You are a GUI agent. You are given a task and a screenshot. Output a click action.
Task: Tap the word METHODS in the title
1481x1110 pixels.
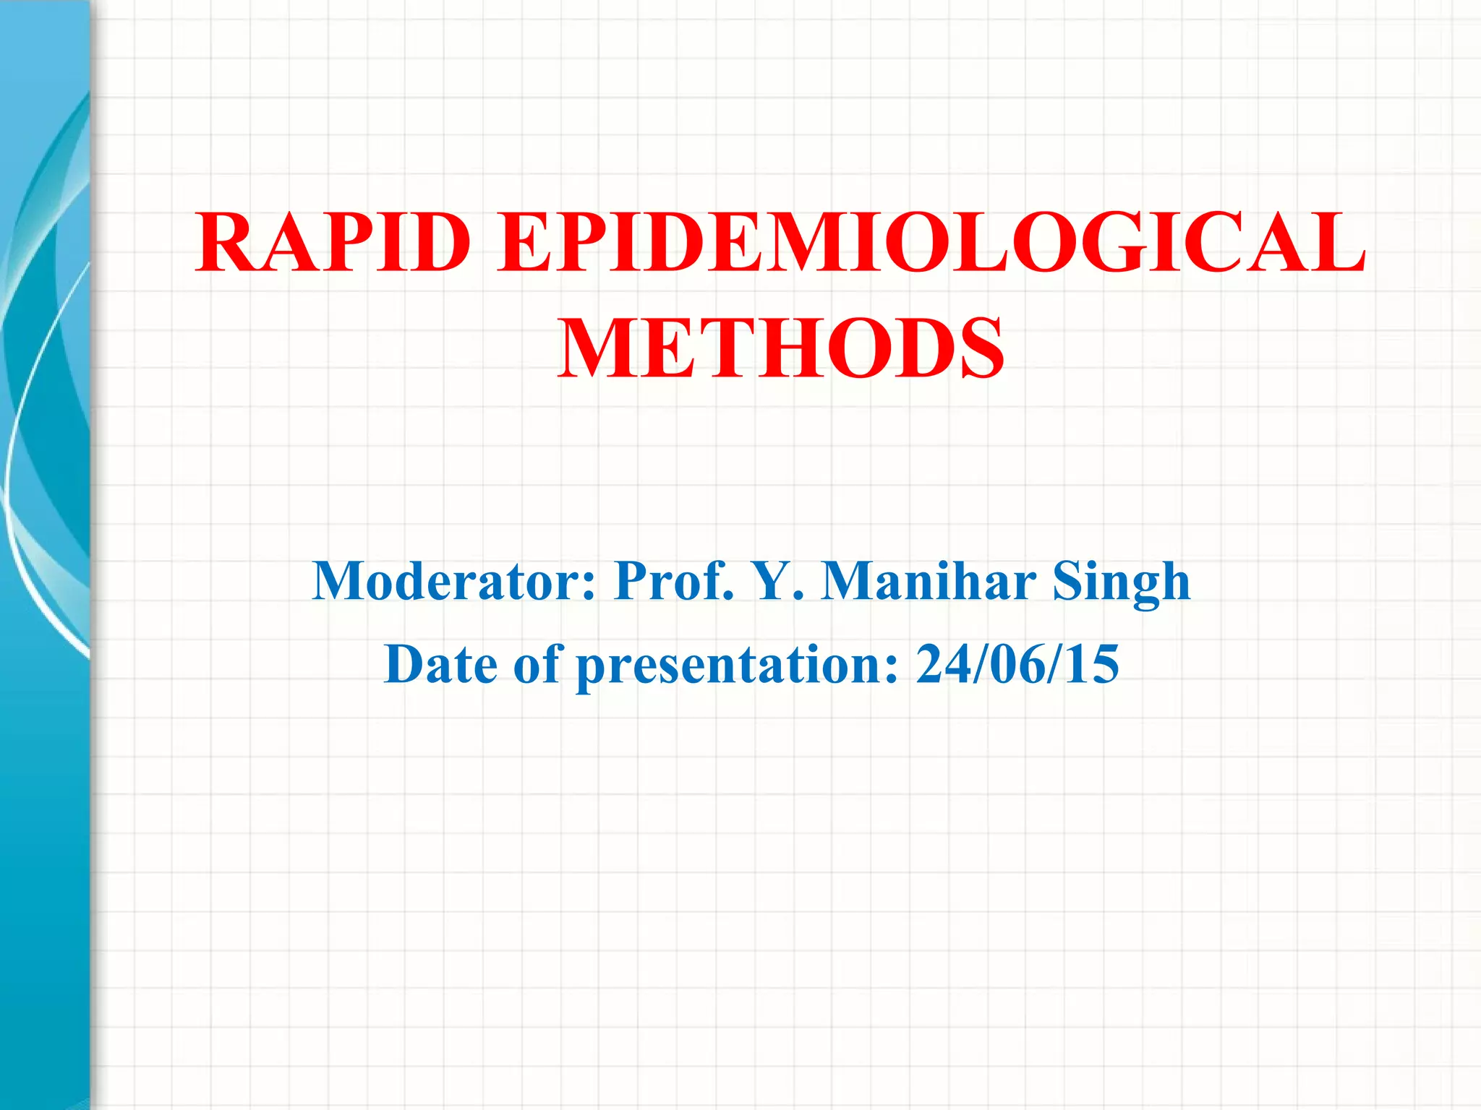click(780, 349)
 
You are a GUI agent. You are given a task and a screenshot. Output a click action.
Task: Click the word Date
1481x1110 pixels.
click(440, 664)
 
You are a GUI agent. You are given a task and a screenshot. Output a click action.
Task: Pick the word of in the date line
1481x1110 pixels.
click(537, 664)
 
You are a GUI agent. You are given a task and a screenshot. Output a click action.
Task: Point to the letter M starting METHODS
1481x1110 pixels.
click(597, 349)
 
